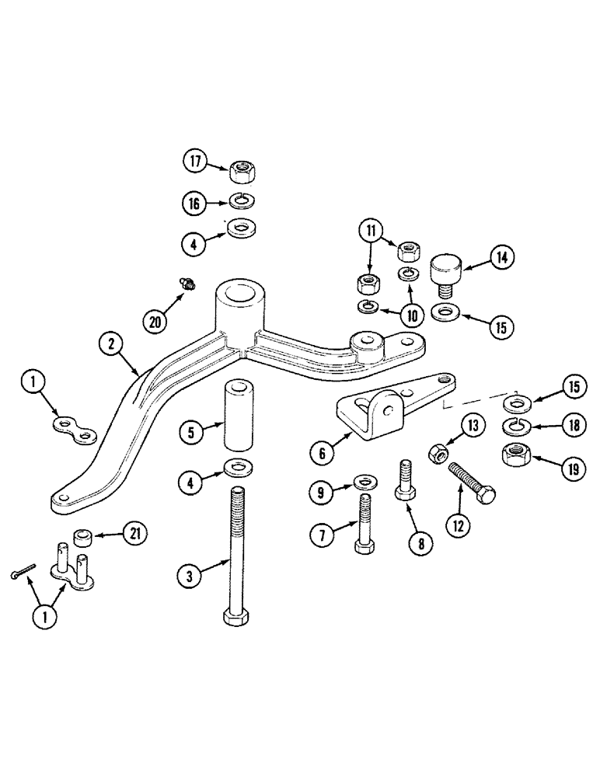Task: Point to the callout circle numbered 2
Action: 112,343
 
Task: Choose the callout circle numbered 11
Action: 371,232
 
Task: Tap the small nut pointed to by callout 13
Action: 438,451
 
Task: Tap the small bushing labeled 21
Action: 82,536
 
